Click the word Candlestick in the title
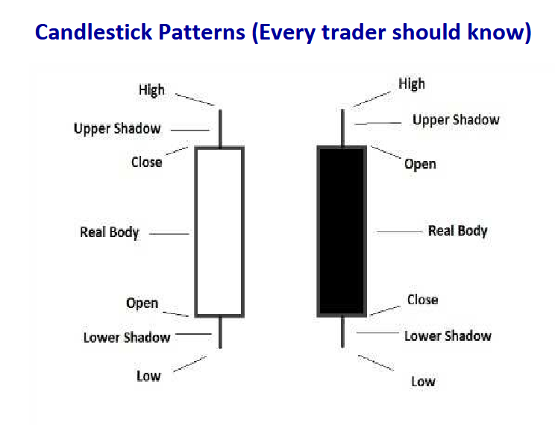pyautogui.click(x=94, y=32)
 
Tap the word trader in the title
pyautogui.click(x=354, y=32)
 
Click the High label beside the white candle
pyautogui.click(x=151, y=90)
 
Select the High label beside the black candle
pyautogui.click(x=412, y=84)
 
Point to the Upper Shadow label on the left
pyautogui.click(x=117, y=129)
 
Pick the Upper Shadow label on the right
pyautogui.click(x=456, y=120)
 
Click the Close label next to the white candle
pyautogui.click(x=146, y=162)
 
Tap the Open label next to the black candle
pyautogui.click(x=420, y=164)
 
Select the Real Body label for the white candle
pyautogui.click(x=110, y=233)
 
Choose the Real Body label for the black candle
pyautogui.click(x=458, y=231)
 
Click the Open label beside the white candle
pyautogui.click(x=142, y=303)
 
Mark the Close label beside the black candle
pyautogui.click(x=423, y=300)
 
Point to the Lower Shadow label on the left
pyautogui.click(x=127, y=337)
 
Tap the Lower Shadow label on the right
pyautogui.click(x=448, y=336)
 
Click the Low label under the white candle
pyautogui.click(x=148, y=376)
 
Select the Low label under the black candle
pyautogui.click(x=423, y=382)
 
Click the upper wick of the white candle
pyautogui.click(x=220, y=128)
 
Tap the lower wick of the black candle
pyautogui.click(x=342, y=332)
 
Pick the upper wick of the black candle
pyautogui.click(x=342, y=127)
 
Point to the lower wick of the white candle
pyautogui.click(x=220, y=333)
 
